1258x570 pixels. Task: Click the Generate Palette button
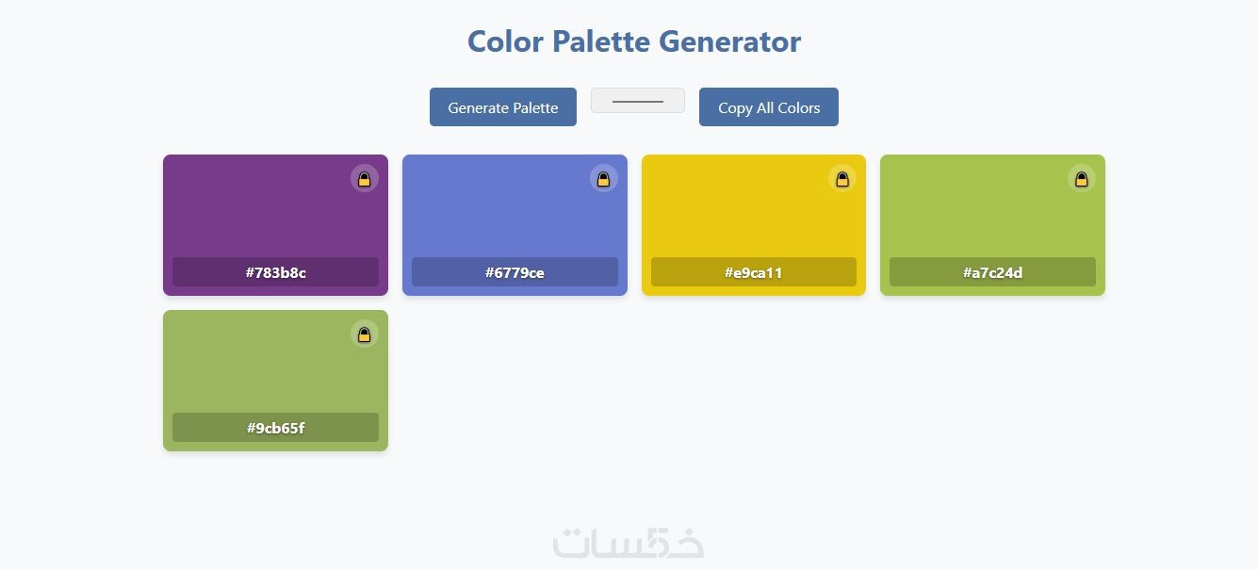pos(502,106)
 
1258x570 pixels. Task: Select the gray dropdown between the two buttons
pos(637,101)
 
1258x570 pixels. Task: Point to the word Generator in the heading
pos(729,41)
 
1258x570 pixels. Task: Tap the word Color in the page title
pos(505,41)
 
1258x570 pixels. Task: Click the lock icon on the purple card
pos(364,179)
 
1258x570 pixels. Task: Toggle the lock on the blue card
pos(603,179)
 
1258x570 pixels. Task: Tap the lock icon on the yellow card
pos(841,179)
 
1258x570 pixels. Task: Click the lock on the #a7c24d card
pos(1081,179)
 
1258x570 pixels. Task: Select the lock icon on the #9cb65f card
pos(364,334)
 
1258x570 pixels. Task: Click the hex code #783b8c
pos(275,272)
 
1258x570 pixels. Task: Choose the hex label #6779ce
pos(515,272)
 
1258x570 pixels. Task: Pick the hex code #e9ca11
pos(753,272)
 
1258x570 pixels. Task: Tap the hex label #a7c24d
pos(992,272)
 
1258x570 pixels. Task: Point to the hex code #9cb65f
pos(275,428)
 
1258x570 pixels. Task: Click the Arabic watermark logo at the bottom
pos(628,543)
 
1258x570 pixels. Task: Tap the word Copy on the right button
pos(735,107)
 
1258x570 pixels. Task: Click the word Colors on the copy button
pos(798,107)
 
